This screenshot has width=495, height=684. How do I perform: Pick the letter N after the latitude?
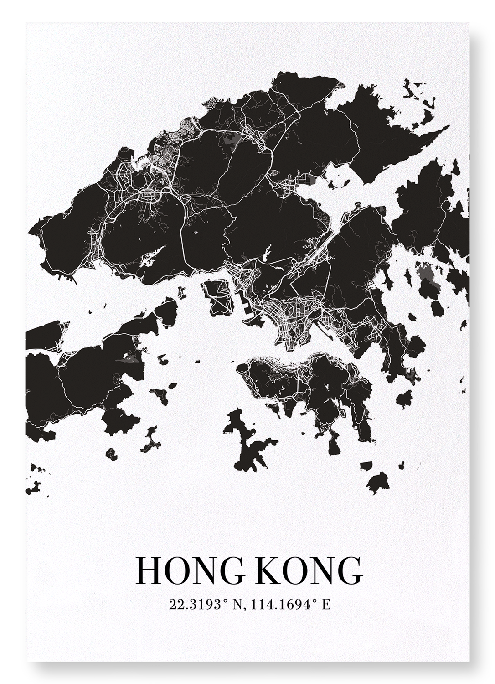point(238,605)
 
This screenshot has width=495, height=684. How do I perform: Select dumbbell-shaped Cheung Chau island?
point(150,440)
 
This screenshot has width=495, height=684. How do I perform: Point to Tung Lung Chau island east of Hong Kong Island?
point(403,399)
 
